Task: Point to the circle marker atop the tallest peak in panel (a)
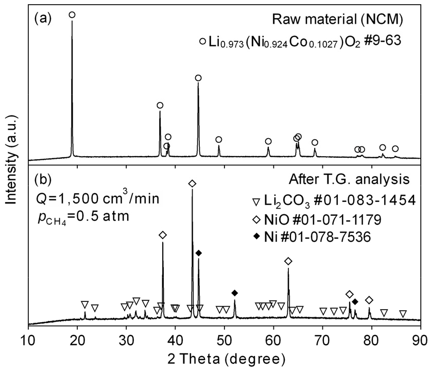72,15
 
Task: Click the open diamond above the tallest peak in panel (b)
192,183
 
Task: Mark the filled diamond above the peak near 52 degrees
235,293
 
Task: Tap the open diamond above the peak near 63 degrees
288,261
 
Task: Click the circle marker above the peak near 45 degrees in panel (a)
198,78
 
